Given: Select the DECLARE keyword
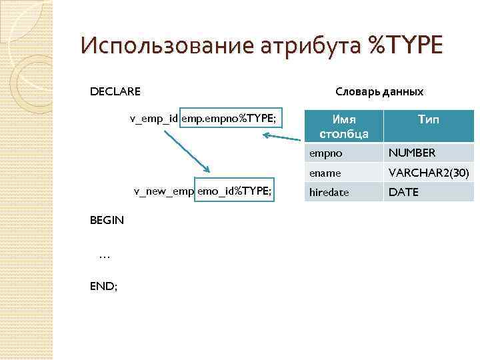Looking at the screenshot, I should pyautogui.click(x=115, y=91).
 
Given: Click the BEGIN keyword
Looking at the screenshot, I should pyautogui.click(x=107, y=219).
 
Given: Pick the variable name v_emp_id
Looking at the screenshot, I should pyautogui.click(x=153, y=119).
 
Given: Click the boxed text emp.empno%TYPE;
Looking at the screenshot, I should pyautogui.click(x=227, y=119).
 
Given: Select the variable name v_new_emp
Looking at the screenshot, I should pyautogui.click(x=163, y=191).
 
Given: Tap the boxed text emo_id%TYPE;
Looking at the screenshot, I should pyautogui.click(x=234, y=191).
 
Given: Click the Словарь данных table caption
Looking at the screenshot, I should pyautogui.click(x=379, y=91).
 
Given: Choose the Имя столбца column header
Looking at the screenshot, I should pyautogui.click(x=344, y=126).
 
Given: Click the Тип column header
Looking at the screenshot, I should pyautogui.click(x=428, y=119).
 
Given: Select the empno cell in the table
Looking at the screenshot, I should pyautogui.click(x=325, y=153).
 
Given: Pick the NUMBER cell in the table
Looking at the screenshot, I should pyautogui.click(x=412, y=153).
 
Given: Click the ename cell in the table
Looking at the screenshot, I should pyautogui.click(x=325, y=173).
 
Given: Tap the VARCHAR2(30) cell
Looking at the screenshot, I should pyautogui.click(x=429, y=173).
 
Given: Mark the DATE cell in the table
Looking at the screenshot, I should pyautogui.click(x=403, y=192).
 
